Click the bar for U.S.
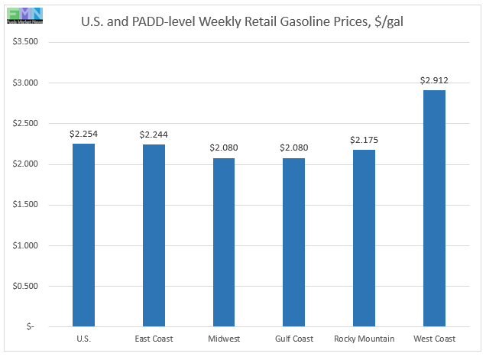click(x=83, y=235)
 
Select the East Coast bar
click(x=154, y=235)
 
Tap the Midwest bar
click(x=223, y=242)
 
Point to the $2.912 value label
click(x=434, y=79)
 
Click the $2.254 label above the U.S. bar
click(x=83, y=134)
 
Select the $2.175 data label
click(x=364, y=140)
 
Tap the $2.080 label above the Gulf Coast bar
click(x=293, y=148)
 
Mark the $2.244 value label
click(x=154, y=135)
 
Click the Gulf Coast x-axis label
click(x=293, y=338)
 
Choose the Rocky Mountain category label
click(x=364, y=338)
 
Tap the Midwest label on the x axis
click(x=223, y=338)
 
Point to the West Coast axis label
click(x=434, y=338)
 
